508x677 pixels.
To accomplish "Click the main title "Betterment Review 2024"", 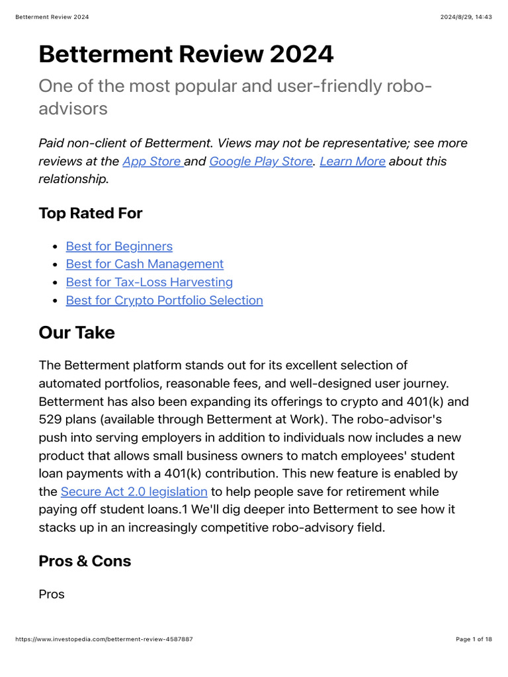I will click(186, 54).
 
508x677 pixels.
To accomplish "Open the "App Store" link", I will click(151, 161).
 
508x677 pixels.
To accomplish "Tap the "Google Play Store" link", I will click(261, 161).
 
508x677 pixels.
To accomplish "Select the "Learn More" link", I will click(352, 161).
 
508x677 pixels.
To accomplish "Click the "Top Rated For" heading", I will click(91, 213).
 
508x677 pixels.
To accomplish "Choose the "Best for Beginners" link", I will click(119, 247).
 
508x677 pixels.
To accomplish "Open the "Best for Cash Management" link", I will click(145, 264).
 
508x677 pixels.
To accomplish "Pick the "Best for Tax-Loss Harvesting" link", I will click(149, 282).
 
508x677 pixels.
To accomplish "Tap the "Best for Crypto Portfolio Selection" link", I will click(164, 301).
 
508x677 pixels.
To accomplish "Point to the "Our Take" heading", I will click(77, 333).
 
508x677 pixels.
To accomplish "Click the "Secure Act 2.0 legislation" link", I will click(134, 492).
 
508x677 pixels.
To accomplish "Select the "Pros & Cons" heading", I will click(85, 561).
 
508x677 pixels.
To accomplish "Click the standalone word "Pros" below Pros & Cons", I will click(52, 594).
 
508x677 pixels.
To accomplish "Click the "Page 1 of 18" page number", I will click(474, 639).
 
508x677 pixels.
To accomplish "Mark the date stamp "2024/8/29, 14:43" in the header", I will click(466, 17).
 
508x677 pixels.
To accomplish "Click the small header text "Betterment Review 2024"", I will click(52, 17).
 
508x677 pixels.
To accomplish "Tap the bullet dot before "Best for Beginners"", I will click(55, 247).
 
